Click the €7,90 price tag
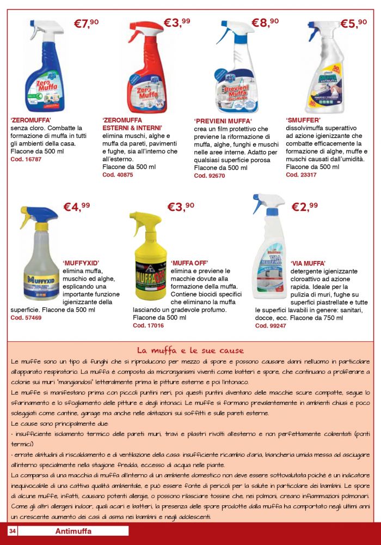86,23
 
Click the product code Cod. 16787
26,159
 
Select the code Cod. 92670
209,175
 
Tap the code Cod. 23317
301,174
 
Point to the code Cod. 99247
271,325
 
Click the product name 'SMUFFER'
303,120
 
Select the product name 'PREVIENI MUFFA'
223,121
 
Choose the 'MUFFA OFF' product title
189,263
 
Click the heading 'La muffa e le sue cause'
190,350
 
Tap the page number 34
13,531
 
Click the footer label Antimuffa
73,531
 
